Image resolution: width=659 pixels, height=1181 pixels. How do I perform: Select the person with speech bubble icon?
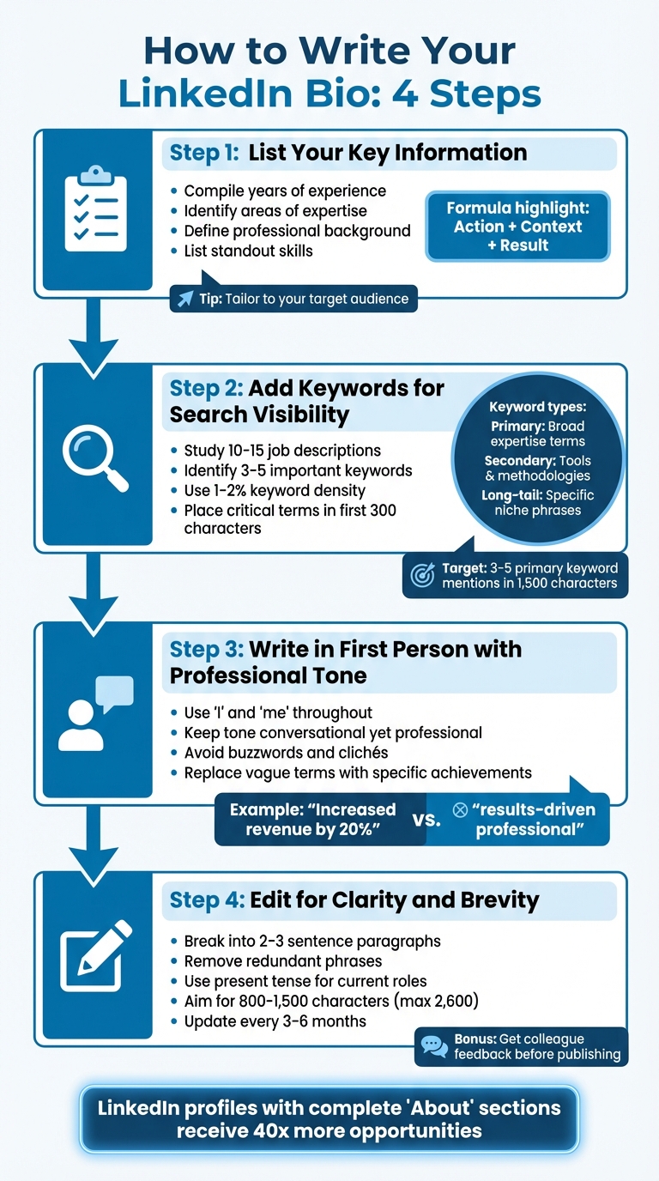(x=96, y=713)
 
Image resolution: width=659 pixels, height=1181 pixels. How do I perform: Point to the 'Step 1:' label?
(x=204, y=154)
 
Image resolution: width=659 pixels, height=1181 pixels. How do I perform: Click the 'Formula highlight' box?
(x=517, y=227)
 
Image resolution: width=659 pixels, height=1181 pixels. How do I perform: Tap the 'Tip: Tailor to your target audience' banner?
(x=293, y=299)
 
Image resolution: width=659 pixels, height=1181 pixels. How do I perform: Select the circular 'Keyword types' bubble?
(x=538, y=458)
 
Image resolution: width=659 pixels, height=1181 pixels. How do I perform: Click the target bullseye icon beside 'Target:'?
(x=422, y=575)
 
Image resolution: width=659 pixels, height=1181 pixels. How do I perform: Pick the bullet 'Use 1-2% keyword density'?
(x=275, y=490)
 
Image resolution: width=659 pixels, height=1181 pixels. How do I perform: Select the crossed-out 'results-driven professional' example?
(x=524, y=819)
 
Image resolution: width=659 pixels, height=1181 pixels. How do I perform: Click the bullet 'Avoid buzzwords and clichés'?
(x=286, y=753)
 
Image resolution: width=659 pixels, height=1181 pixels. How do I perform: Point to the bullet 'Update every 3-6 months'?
(x=275, y=1021)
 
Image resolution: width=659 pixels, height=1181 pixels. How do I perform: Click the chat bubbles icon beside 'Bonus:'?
(x=433, y=1046)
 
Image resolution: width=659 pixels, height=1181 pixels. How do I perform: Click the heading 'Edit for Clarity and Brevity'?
(x=394, y=899)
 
